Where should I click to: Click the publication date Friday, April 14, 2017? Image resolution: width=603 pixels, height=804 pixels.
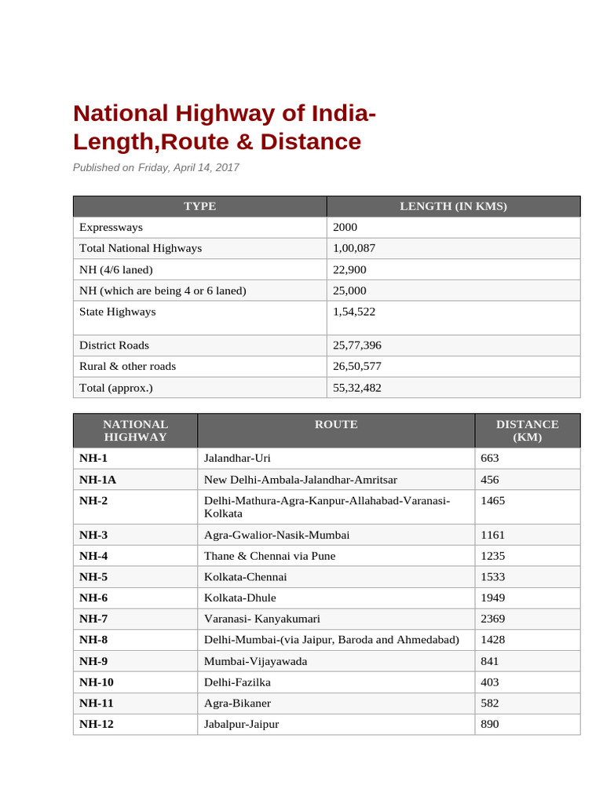[x=188, y=167]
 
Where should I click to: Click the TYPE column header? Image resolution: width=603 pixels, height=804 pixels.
[x=199, y=206]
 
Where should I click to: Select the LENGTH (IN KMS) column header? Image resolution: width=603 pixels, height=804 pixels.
[x=453, y=206]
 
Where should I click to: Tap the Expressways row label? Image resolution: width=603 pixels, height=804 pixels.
[x=111, y=228]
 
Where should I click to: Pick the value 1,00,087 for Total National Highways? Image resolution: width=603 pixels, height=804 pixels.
[x=355, y=248]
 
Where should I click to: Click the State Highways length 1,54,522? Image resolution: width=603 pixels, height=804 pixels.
[x=354, y=312]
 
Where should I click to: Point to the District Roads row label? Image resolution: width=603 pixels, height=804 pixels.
[x=114, y=345]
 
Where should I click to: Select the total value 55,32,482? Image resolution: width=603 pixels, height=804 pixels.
[x=357, y=388]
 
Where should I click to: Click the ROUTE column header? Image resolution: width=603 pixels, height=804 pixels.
[x=336, y=425]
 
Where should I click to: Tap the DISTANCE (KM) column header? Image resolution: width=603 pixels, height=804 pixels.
[x=527, y=430]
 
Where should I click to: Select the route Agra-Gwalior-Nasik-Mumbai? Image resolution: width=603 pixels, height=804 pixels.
[x=276, y=535]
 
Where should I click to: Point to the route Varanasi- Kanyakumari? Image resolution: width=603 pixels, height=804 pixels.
[x=261, y=619]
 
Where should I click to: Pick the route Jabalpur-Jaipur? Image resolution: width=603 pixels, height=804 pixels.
[x=241, y=725]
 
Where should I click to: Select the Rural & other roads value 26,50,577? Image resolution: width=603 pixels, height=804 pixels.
[x=357, y=367]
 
